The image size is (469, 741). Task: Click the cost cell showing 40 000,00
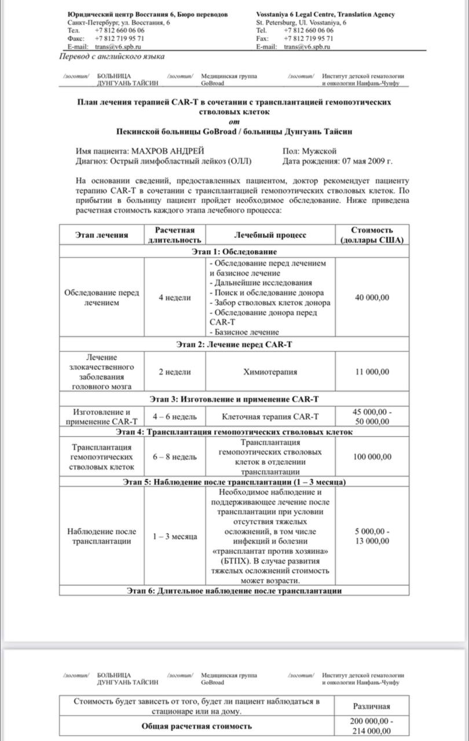[372, 298]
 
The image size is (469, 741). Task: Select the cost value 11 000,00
[372, 372]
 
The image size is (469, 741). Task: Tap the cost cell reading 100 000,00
[372, 457]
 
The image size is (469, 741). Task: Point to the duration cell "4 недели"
[175, 298]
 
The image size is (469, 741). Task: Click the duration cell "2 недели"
[175, 372]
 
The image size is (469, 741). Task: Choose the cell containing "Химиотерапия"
[270, 372]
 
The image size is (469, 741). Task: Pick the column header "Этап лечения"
[101, 235]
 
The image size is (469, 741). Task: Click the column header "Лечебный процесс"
[270, 235]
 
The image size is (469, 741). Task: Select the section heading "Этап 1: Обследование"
[234, 252]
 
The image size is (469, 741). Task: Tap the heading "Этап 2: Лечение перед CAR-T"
[234, 344]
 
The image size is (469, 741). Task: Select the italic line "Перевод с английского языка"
[112, 57]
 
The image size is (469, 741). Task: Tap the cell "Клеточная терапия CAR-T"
[270, 416]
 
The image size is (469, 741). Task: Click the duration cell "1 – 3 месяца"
[175, 537]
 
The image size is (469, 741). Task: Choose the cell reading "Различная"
[372, 706]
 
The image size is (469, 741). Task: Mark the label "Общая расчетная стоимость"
[197, 726]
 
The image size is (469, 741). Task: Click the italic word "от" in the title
[234, 122]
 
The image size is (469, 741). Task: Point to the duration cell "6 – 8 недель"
[175, 457]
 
